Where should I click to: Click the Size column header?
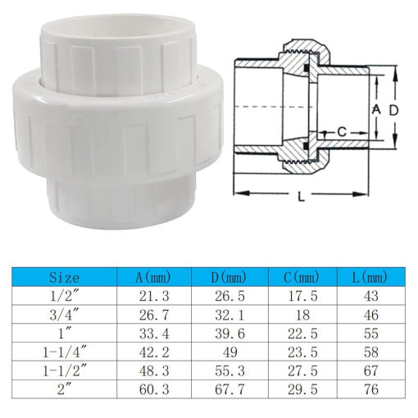pyautogui.click(x=65, y=278)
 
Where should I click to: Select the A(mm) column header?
pyautogui.click(x=153, y=278)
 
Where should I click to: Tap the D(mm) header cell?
pyautogui.click(x=229, y=278)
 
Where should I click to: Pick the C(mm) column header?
pyautogui.click(x=302, y=278)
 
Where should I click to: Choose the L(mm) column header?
pyautogui.click(x=370, y=278)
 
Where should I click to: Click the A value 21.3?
pyautogui.click(x=154, y=297)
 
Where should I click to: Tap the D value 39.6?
pyautogui.click(x=230, y=334)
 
